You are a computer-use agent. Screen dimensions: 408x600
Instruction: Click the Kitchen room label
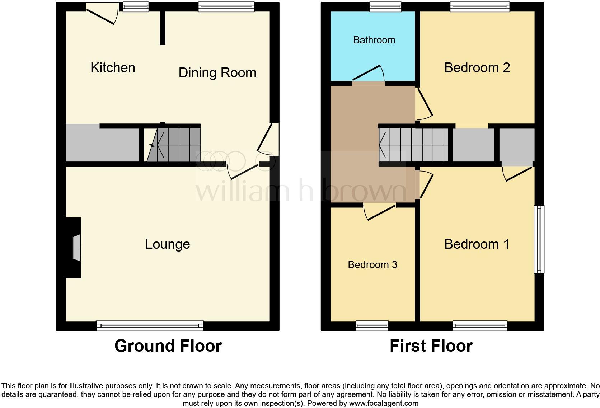113,67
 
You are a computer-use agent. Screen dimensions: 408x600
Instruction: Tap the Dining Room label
217,72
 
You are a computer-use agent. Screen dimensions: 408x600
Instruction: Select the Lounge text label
167,244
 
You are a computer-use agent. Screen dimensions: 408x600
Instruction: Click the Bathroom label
374,40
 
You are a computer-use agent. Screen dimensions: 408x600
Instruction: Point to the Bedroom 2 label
477,67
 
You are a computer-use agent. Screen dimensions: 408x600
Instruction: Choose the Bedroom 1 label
477,244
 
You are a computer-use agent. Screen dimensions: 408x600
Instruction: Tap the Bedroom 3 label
372,264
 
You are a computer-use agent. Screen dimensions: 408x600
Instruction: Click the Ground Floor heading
168,346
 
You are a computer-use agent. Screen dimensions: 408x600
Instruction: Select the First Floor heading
431,346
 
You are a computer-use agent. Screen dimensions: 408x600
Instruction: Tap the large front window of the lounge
150,325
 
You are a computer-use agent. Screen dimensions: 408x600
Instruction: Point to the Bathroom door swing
370,74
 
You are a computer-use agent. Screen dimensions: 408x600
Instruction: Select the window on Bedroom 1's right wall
539,239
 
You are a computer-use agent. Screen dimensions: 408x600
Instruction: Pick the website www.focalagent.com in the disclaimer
384,403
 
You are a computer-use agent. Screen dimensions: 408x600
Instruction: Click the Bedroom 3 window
372,325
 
